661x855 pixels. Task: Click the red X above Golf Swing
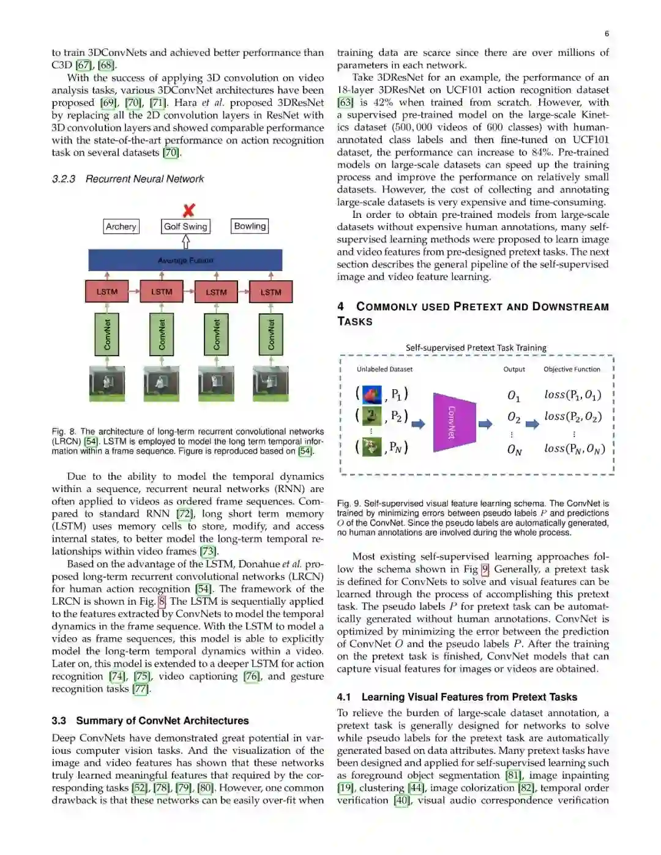click(x=189, y=210)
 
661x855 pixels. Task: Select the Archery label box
click(x=121, y=226)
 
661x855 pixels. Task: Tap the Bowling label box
click(x=250, y=226)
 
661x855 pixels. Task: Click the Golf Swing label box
click(x=185, y=226)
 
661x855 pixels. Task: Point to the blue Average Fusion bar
click(x=185, y=260)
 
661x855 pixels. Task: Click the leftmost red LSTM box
click(x=107, y=292)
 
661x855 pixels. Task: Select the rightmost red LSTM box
click(x=271, y=292)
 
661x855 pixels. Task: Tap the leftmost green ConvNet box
click(x=107, y=335)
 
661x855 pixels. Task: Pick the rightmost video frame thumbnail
click(x=271, y=383)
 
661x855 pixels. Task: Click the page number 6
click(x=607, y=34)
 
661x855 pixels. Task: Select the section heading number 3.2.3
click(x=64, y=179)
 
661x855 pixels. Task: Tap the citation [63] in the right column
click(x=345, y=102)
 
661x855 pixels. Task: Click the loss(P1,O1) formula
click(x=572, y=395)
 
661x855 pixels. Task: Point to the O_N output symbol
click(x=514, y=450)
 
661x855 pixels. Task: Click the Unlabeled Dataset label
click(x=384, y=369)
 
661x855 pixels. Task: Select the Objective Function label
click(x=572, y=369)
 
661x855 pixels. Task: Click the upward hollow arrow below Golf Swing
click(x=185, y=242)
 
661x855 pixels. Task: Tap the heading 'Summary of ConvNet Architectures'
click(x=162, y=720)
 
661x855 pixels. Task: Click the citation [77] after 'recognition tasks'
click(x=141, y=689)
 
